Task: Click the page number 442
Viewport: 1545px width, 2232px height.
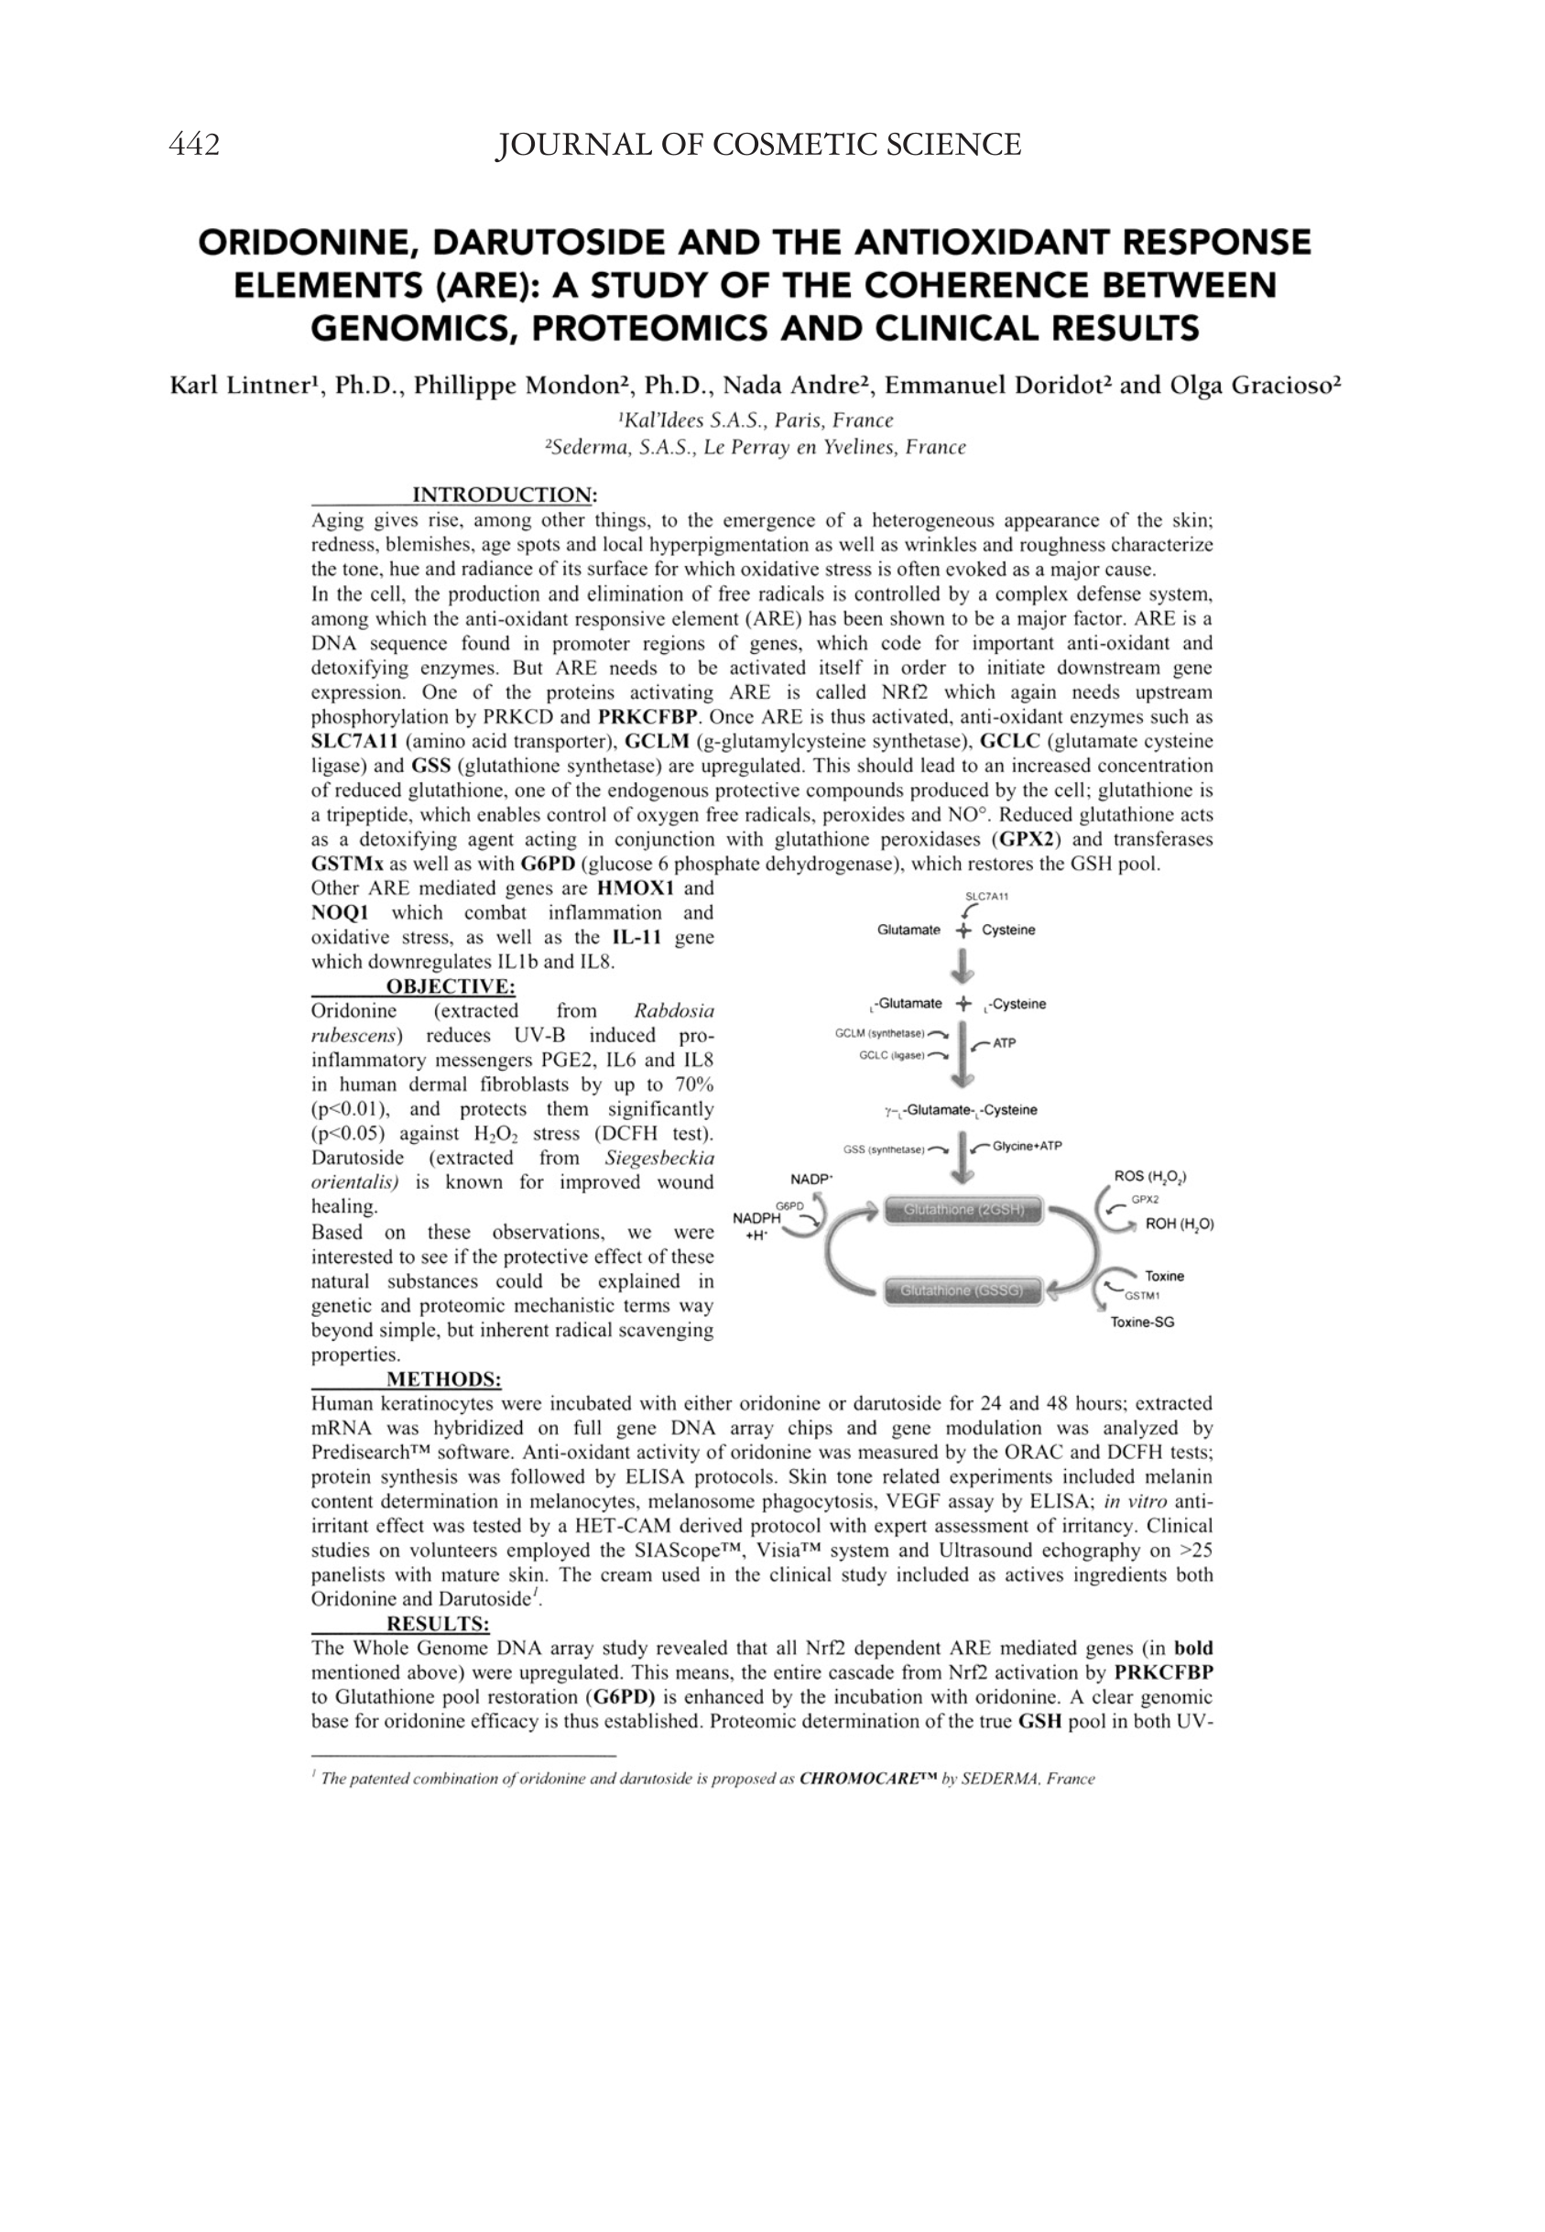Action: pyautogui.click(x=193, y=146)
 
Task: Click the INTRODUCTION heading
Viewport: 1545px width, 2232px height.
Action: pyautogui.click(x=504, y=495)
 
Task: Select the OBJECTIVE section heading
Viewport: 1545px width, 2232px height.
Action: pyautogui.click(x=451, y=986)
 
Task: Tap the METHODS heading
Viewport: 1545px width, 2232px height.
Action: pyautogui.click(x=443, y=1379)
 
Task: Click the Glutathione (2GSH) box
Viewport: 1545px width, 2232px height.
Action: pyautogui.click(x=963, y=1210)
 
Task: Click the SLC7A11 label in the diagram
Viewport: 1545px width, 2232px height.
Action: pyautogui.click(x=986, y=897)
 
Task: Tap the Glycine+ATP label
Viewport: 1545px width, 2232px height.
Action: pyautogui.click(x=1027, y=1146)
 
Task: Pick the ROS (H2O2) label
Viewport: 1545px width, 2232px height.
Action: pyautogui.click(x=1151, y=1177)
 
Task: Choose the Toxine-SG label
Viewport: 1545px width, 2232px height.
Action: pyautogui.click(x=1142, y=1323)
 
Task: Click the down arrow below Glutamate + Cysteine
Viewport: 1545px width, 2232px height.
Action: pyautogui.click(x=963, y=966)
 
